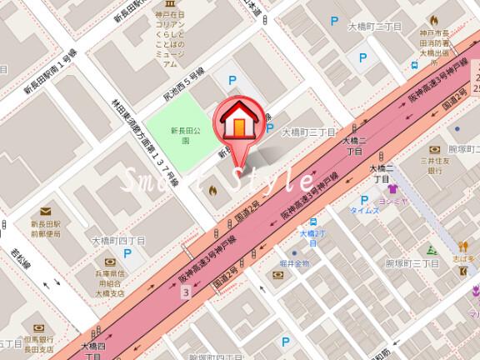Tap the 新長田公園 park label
pos(186,135)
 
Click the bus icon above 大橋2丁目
pos(312,222)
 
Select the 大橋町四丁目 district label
pos(119,239)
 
